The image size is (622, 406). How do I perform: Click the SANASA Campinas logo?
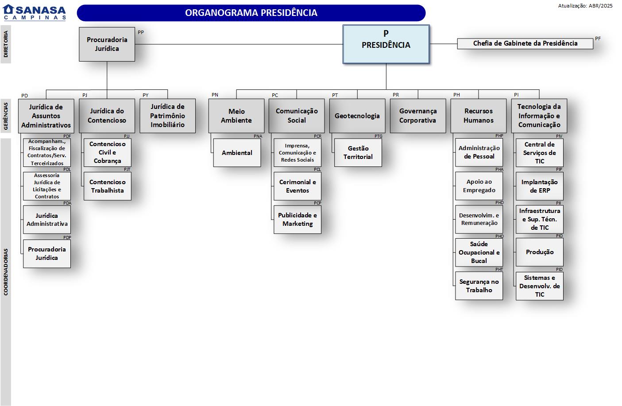pos(35,12)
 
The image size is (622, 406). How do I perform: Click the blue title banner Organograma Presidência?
pos(251,13)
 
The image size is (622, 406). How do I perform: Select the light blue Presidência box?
pos(386,44)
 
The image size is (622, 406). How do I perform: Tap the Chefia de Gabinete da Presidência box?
pos(525,43)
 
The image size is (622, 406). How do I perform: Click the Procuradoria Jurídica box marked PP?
pos(107,44)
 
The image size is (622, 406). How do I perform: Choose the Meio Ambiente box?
pos(236,116)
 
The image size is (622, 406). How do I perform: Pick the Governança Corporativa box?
pos(417,116)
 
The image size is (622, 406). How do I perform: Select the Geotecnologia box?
pos(357,116)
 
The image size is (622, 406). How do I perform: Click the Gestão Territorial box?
pos(358,153)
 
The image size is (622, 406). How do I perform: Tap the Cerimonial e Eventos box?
pos(297,186)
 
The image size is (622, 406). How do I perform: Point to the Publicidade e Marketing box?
pos(297,220)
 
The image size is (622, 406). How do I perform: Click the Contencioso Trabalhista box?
pos(108,186)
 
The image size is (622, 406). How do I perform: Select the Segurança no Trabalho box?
pos(479,286)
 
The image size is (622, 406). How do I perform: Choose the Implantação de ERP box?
pos(539,186)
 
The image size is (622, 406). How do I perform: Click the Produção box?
pos(539,252)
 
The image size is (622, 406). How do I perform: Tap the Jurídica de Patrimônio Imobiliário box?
pos(167,116)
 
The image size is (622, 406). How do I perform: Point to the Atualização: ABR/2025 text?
pos(585,6)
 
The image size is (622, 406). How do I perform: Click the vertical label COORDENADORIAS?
pos(6,272)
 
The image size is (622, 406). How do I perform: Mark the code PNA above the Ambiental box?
pos(258,136)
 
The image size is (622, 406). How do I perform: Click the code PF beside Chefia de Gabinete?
pos(598,39)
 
